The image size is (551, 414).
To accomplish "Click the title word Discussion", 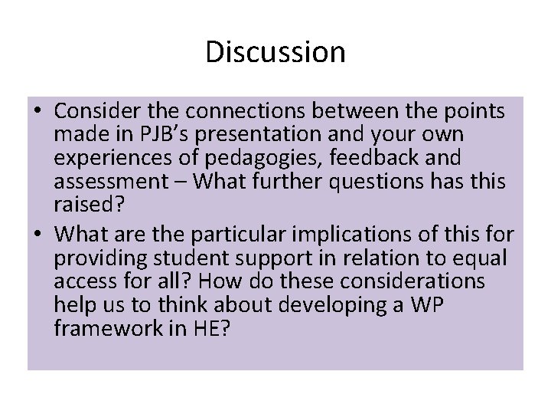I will point(275,52).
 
